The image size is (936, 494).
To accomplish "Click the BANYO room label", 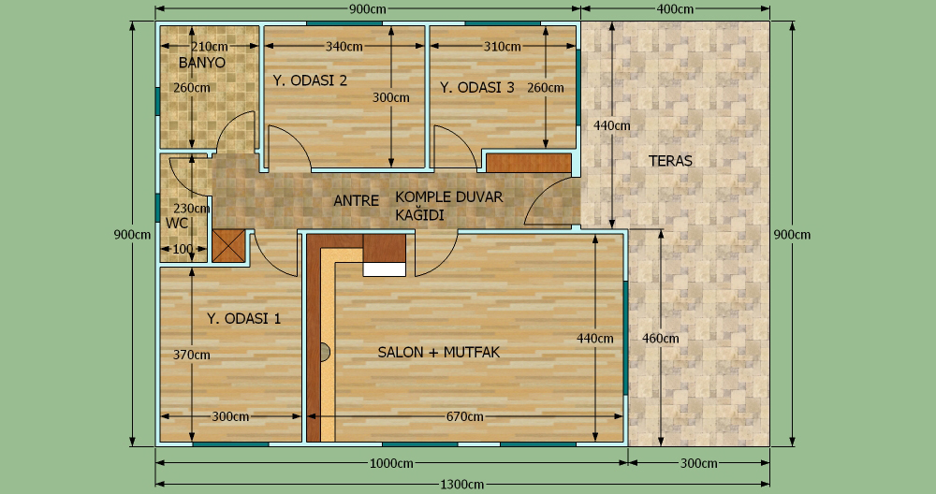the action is [202, 63].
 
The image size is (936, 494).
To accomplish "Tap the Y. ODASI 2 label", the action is [310, 80].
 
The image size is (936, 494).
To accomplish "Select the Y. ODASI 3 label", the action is [477, 87].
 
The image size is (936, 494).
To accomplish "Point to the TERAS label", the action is [670, 161].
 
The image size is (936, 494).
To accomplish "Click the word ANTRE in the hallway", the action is [356, 200].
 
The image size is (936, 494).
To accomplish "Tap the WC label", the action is [177, 223].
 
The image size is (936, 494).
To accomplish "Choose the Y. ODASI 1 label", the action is [243, 318].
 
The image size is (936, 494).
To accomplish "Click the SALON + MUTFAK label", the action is [439, 352].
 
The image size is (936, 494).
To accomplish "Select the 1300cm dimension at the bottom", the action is [462, 485].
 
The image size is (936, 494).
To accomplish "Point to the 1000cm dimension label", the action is [391, 463].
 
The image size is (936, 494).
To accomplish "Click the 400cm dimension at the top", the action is [675, 9].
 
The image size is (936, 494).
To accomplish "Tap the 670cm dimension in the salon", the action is [465, 416].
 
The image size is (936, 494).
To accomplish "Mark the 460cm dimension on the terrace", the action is [661, 339].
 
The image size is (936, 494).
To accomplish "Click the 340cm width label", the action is [344, 46].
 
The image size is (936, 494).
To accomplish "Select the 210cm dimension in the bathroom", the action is [210, 46].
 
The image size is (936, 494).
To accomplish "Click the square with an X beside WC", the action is [229, 246].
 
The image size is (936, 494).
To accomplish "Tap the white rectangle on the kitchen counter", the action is [385, 269].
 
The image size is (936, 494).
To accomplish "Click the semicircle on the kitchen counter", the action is [325, 352].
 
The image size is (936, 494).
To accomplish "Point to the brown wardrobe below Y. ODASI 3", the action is [529, 163].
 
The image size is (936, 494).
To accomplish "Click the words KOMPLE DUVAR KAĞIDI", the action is [449, 205].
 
